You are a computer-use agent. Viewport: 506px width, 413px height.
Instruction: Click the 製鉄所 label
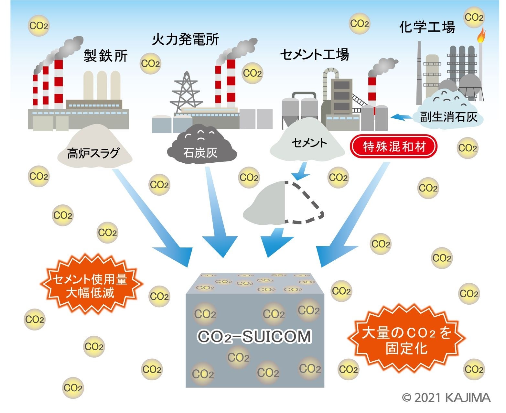click(106, 56)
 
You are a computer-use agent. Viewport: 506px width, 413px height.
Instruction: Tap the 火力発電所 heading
click(186, 39)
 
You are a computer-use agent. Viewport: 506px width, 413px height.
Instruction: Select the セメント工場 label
click(315, 55)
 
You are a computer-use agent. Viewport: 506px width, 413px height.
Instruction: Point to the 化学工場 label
click(427, 27)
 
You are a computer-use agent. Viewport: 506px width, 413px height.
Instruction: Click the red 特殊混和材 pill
click(394, 147)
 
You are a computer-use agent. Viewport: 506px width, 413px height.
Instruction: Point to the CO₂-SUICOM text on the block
click(254, 337)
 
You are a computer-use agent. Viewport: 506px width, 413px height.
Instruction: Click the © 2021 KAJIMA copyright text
click(446, 397)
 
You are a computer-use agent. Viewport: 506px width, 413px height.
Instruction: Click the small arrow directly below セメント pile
click(301, 171)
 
